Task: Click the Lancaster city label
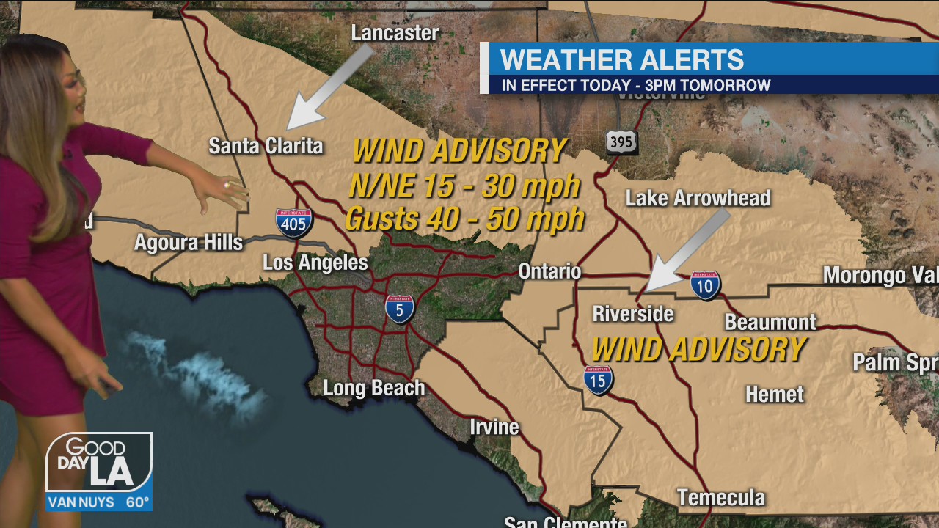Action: tap(395, 33)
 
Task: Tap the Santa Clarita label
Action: tap(266, 145)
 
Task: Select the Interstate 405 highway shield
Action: tap(294, 222)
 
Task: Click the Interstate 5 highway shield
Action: tap(400, 309)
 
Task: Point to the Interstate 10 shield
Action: tap(705, 285)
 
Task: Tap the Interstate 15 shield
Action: tap(599, 380)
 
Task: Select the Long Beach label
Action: tap(374, 387)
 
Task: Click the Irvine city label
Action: tap(494, 426)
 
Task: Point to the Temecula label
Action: tap(721, 498)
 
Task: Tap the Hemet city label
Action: tap(775, 394)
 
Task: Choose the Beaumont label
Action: tap(770, 322)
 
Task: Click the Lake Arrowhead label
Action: tap(698, 198)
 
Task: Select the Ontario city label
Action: tap(549, 271)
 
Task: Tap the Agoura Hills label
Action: tap(189, 242)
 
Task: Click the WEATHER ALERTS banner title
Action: tap(622, 59)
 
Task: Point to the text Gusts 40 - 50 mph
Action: tap(464, 219)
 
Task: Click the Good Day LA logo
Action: tap(99, 462)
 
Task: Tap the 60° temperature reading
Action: tap(137, 502)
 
